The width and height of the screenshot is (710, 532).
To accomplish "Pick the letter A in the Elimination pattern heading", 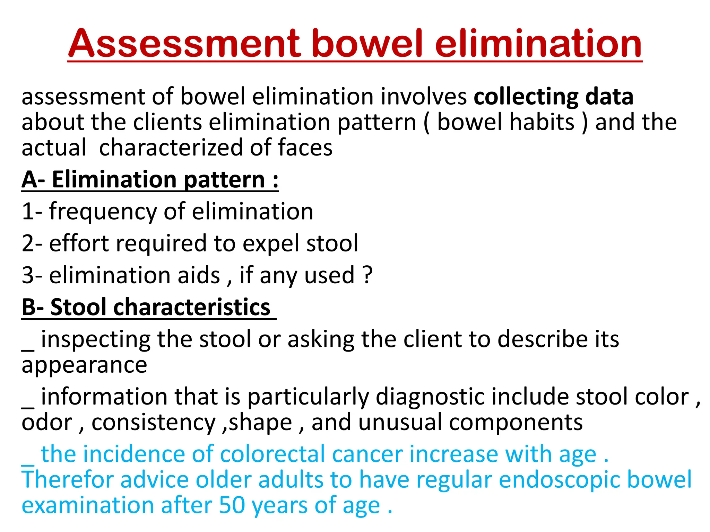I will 29,180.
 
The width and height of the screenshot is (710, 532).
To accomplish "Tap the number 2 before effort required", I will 28,243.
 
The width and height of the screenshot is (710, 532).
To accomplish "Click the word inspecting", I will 96,339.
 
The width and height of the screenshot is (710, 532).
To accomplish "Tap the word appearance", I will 84,366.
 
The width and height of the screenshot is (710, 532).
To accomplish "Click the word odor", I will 47,423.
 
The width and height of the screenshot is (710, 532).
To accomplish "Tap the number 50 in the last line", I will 232,506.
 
